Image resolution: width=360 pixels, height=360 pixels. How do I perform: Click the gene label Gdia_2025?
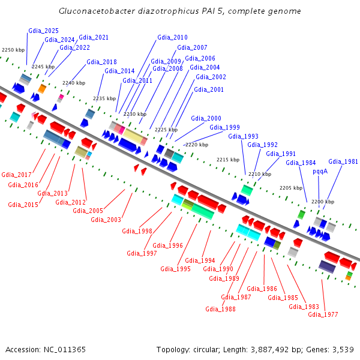43,31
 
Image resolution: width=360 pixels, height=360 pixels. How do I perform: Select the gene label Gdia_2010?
172,37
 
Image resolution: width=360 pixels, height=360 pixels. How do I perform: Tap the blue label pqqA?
320,171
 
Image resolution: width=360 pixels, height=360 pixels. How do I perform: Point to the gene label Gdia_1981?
343,161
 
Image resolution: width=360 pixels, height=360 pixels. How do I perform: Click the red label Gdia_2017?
16,175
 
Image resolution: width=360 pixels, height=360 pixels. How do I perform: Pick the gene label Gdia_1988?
220,309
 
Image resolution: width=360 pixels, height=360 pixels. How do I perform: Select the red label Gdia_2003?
106,220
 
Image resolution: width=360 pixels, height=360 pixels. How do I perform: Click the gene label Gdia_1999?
224,127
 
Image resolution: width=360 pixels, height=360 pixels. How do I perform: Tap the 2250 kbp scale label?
13,50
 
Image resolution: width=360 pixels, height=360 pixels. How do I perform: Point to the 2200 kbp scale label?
322,202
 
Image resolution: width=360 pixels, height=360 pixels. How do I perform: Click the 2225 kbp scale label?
166,130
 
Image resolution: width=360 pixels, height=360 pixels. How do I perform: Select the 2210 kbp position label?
259,174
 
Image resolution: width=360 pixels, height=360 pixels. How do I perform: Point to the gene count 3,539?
341,349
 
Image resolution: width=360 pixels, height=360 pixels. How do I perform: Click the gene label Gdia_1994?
200,260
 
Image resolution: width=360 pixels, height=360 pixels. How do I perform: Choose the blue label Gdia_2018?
101,62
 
